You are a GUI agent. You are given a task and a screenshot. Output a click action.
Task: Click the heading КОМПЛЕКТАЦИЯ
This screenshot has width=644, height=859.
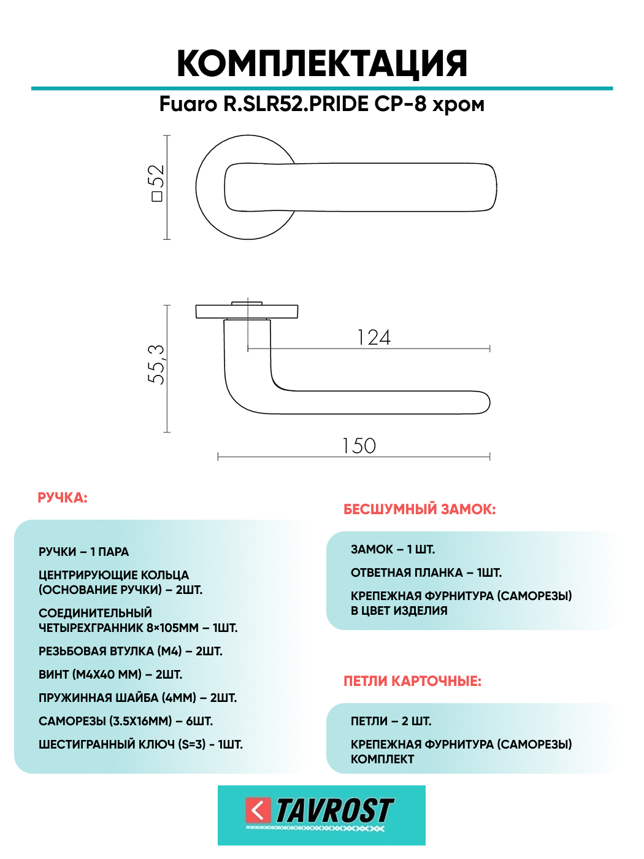(322, 64)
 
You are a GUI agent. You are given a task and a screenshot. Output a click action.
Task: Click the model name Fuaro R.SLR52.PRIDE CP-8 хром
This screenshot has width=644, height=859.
(322, 104)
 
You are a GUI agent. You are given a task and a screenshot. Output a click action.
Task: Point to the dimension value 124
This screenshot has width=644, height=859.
(374, 337)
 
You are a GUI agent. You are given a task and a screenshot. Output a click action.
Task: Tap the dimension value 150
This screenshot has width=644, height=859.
(359, 446)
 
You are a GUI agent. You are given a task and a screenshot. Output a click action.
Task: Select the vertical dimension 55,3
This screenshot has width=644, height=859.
(156, 364)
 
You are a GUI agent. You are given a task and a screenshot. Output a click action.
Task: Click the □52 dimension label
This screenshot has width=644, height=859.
(156, 183)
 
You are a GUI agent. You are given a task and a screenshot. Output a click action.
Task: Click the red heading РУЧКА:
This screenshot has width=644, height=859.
(63, 498)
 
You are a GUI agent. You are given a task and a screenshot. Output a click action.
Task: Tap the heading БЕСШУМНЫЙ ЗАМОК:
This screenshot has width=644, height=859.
(420, 509)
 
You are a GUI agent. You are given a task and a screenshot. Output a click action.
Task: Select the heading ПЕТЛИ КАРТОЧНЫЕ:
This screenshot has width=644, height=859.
(412, 681)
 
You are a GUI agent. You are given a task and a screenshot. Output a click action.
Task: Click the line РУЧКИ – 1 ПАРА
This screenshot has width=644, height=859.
(83, 552)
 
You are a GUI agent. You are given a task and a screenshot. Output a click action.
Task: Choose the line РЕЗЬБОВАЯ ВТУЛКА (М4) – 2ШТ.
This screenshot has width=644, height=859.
(130, 651)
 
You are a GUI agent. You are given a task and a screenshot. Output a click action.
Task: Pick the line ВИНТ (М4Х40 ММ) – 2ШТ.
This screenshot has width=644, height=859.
(110, 674)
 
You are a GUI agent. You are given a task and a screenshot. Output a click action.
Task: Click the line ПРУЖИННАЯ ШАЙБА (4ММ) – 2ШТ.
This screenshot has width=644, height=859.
(137, 698)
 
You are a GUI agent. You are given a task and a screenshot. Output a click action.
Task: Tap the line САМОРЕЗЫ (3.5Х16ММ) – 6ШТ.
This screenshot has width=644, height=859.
(126, 721)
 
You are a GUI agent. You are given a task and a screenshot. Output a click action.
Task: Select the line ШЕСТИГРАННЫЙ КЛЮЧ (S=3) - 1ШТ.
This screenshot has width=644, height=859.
(140, 744)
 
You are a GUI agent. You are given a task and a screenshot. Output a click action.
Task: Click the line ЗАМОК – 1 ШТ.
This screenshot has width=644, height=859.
(393, 549)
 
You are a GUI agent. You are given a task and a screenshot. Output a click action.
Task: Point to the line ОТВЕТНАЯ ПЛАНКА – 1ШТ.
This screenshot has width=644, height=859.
(426, 572)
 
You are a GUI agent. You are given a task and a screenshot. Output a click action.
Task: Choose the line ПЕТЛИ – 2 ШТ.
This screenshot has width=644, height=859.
(391, 721)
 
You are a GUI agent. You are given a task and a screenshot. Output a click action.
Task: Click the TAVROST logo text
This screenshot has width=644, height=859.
(334, 811)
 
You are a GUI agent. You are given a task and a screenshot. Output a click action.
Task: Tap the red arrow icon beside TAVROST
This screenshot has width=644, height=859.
(258, 811)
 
